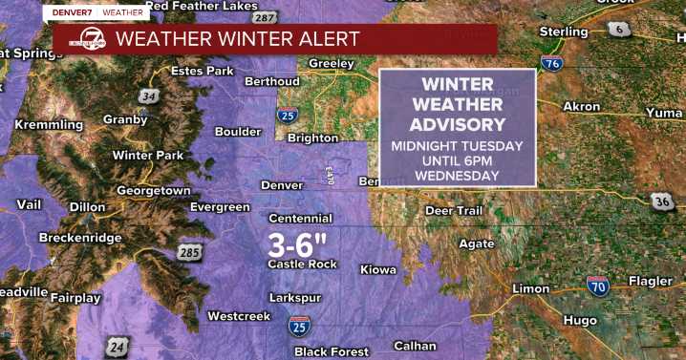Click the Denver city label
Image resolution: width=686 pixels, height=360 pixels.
coord(282,183)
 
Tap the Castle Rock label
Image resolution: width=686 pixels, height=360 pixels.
coord(302,264)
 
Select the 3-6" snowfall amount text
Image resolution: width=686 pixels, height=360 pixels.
coord(298,243)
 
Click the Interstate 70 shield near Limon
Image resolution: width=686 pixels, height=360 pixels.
coord(598,284)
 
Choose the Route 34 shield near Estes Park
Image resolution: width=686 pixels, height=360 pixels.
coord(147,95)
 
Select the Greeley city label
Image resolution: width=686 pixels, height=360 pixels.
coord(331,65)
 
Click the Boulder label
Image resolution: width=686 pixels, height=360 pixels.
coord(238,132)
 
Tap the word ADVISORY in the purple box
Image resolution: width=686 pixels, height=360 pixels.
coord(457,125)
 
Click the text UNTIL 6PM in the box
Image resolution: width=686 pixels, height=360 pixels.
coord(457,160)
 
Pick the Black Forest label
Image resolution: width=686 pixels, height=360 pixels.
coord(331,351)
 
